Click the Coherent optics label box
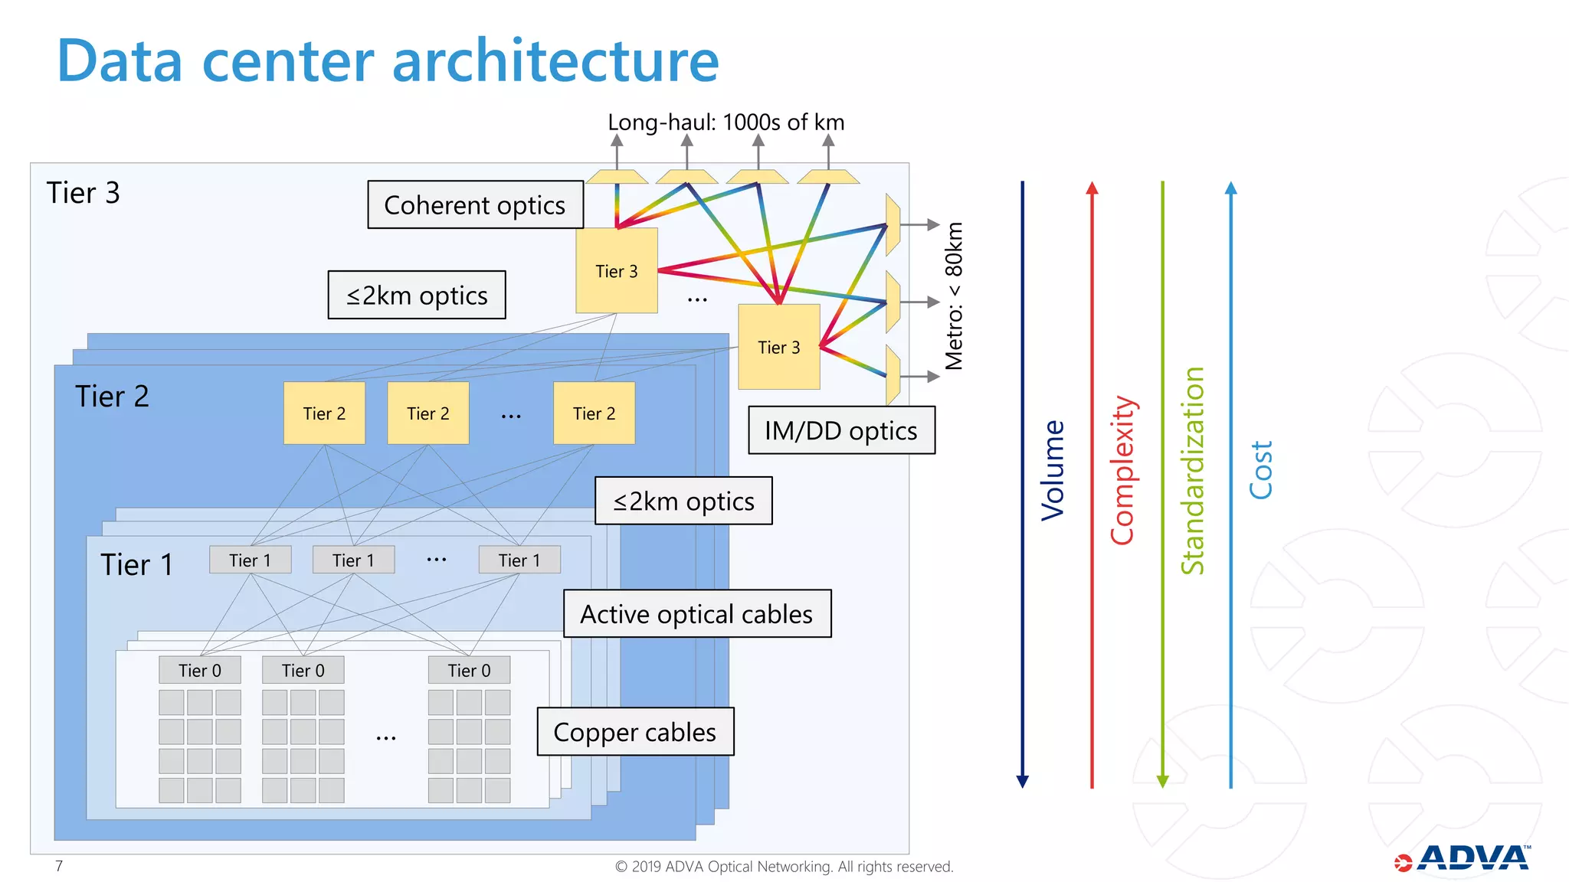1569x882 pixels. pyautogui.click(x=475, y=204)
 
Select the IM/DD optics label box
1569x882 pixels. pyautogui.click(x=841, y=430)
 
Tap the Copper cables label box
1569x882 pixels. pyautogui.click(x=635, y=732)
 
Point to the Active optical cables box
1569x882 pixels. pyautogui.click(x=696, y=613)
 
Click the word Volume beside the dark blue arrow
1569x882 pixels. pyautogui.click(x=1053, y=470)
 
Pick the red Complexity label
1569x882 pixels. pyautogui.click(x=1122, y=470)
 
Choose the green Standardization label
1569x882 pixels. pyautogui.click(x=1192, y=470)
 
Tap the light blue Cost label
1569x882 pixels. pyautogui.click(x=1260, y=470)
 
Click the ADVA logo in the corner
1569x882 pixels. pyautogui.click(x=1463, y=859)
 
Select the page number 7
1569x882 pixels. pyautogui.click(x=59, y=866)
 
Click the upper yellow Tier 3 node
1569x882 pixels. pyautogui.click(x=617, y=271)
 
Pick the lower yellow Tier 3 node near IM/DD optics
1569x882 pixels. pyautogui.click(x=778, y=347)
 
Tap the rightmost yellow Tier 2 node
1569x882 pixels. pyautogui.click(x=594, y=413)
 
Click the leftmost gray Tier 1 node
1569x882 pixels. pyautogui.click(x=250, y=560)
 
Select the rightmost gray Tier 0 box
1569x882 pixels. pyautogui.click(x=469, y=670)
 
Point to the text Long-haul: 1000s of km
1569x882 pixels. pyautogui.click(x=726, y=122)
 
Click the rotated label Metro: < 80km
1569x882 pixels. pyautogui.click(x=954, y=296)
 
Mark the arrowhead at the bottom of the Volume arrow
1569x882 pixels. pyautogui.click(x=1022, y=781)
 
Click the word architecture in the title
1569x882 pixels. pyautogui.click(x=555, y=60)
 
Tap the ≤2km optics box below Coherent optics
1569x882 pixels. pyautogui.click(x=417, y=295)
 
